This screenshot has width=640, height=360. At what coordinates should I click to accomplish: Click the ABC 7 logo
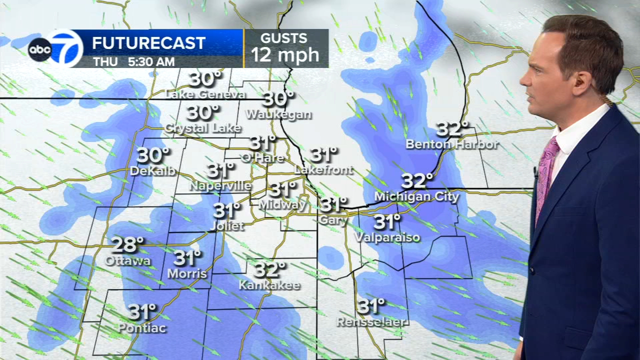pos(56,48)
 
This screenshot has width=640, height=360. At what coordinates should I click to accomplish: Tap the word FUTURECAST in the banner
pos(148,43)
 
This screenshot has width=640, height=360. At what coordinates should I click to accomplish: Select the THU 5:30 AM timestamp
pos(133,62)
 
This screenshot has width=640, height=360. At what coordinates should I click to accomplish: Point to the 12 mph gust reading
pos(285,54)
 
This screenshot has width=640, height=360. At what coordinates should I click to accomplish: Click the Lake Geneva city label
pos(205,94)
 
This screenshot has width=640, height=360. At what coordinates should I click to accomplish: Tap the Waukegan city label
pos(278,114)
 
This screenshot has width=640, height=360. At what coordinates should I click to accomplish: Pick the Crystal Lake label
pos(203,128)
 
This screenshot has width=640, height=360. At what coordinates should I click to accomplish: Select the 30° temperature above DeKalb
pos(153,155)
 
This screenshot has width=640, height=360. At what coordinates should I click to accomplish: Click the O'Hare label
pos(262,158)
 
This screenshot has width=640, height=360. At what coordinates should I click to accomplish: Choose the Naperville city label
pos(220,186)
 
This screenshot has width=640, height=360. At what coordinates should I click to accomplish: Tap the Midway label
pos(282,204)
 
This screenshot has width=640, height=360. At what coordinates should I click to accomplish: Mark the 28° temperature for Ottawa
pos(127,245)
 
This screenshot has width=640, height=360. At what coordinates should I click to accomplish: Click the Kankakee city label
pos(269,285)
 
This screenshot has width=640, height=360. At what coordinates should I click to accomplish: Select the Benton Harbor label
pos(452,144)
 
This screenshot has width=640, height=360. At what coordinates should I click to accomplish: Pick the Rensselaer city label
pos(372,321)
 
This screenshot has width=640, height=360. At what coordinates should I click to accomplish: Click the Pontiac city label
pos(142,328)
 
